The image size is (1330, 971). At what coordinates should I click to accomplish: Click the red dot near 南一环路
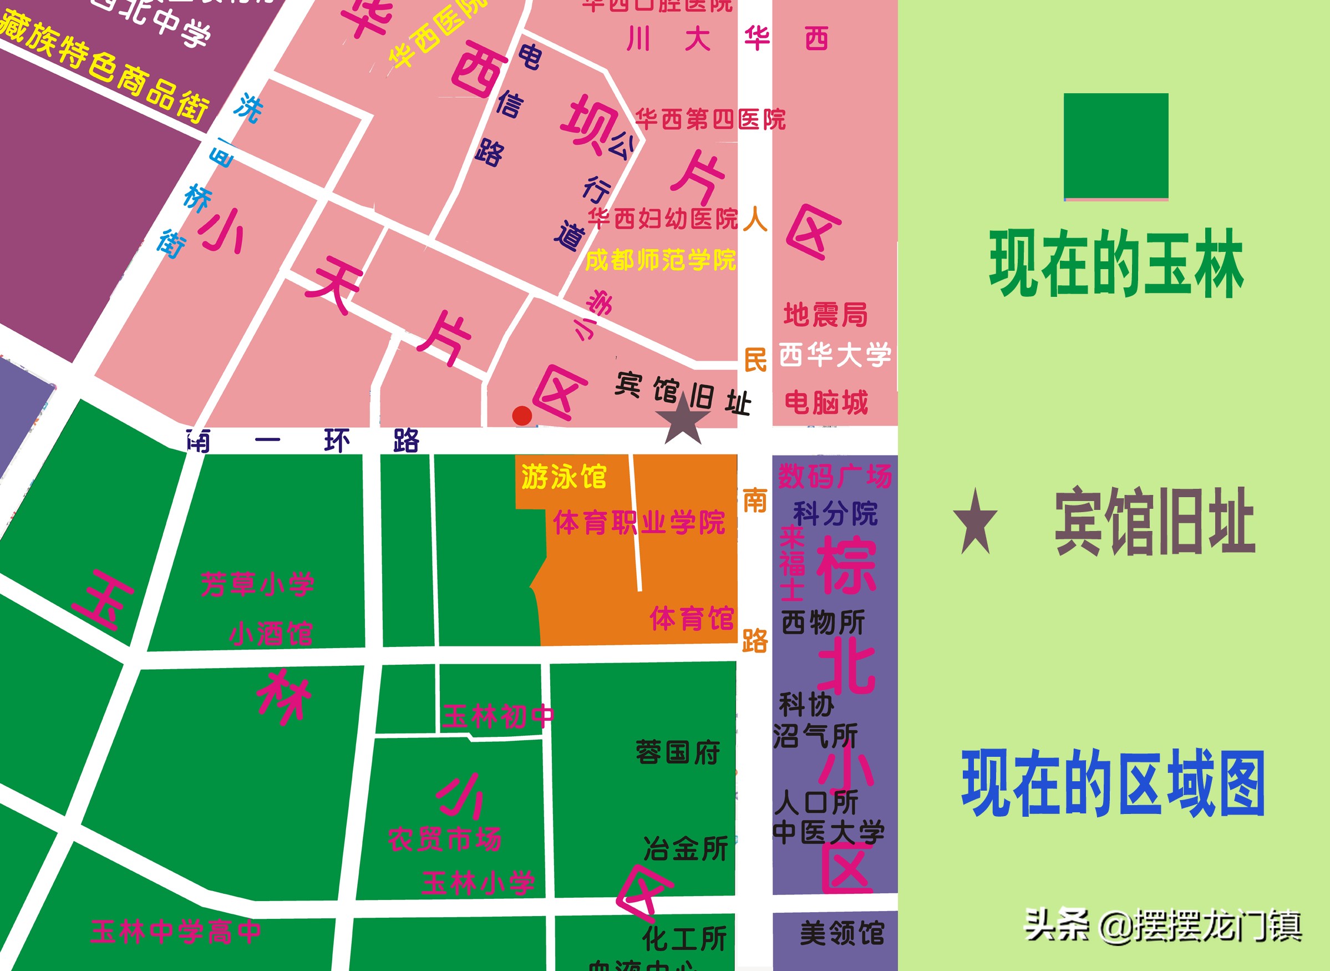pos(522,416)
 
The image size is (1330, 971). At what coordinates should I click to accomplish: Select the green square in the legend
pos(1115,145)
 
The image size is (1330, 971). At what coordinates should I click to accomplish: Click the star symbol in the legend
pos(975,523)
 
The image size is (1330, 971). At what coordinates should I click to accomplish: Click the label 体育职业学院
pos(639,523)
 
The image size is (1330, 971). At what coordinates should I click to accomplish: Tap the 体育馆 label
pos(692,619)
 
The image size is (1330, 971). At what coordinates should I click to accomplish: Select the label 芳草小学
pos(257,584)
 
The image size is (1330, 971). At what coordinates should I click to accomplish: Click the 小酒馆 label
pos(271,634)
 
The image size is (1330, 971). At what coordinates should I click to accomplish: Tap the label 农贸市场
pos(445,839)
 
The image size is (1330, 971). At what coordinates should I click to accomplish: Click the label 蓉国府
pos(678,753)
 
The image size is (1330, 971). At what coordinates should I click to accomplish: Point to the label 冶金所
pos(686,849)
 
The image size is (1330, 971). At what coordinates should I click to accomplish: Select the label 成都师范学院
pos(661,260)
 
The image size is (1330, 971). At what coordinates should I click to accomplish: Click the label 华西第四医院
pos(710,119)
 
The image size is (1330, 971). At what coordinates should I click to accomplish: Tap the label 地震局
pos(825,315)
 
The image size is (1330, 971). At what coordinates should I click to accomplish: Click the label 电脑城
pos(826,403)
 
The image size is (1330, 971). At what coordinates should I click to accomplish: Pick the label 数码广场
pos(835,476)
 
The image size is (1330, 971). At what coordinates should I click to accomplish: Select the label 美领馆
pos(842,933)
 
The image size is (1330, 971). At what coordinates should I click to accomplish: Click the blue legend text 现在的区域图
pos(1113,783)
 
